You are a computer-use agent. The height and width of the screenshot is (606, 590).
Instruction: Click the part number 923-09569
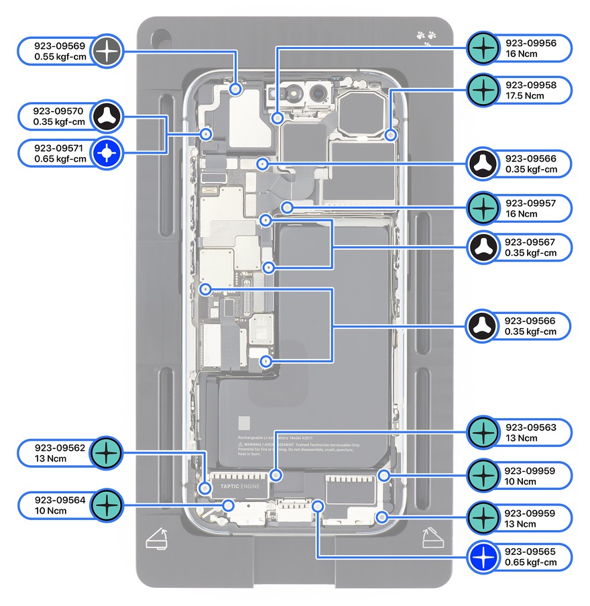click(x=60, y=46)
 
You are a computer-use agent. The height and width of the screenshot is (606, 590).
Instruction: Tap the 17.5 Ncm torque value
click(x=525, y=96)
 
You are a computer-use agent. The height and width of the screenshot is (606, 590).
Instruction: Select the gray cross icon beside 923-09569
click(x=107, y=51)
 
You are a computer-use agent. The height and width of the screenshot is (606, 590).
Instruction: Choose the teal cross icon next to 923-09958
click(x=482, y=90)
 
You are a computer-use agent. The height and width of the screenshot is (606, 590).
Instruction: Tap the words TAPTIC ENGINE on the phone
click(x=240, y=485)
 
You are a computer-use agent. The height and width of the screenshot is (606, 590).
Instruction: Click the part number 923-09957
click(x=530, y=203)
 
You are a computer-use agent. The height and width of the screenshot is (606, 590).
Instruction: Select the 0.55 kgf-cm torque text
click(x=60, y=57)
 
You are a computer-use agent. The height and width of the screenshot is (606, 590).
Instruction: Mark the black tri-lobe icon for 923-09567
click(x=482, y=247)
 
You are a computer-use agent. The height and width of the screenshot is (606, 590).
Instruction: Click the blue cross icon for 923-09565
click(x=482, y=557)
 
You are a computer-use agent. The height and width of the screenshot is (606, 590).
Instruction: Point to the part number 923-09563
click(x=530, y=427)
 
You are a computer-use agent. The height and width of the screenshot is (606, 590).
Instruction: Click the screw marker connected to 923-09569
click(x=235, y=89)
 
